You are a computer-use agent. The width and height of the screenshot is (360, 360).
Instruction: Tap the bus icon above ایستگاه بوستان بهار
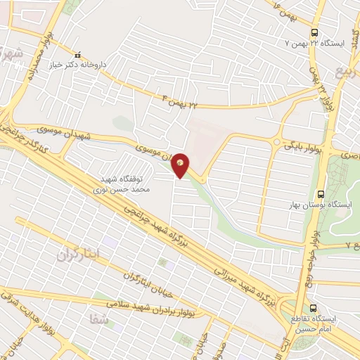[321, 194]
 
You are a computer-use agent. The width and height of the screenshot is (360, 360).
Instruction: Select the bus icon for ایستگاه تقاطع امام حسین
[314, 307]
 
